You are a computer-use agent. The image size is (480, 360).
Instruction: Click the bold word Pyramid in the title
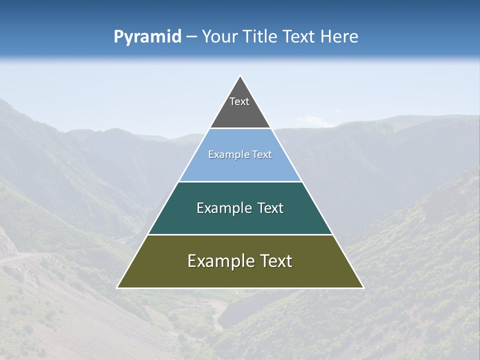[x=147, y=37]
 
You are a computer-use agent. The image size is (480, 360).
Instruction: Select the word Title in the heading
[x=259, y=36]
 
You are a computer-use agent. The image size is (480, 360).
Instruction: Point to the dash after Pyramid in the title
[x=191, y=37]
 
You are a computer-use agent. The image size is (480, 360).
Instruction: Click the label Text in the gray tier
[x=239, y=101]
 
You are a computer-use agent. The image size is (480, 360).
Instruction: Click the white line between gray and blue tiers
[x=240, y=128]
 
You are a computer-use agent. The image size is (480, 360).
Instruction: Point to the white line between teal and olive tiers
[x=240, y=234]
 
